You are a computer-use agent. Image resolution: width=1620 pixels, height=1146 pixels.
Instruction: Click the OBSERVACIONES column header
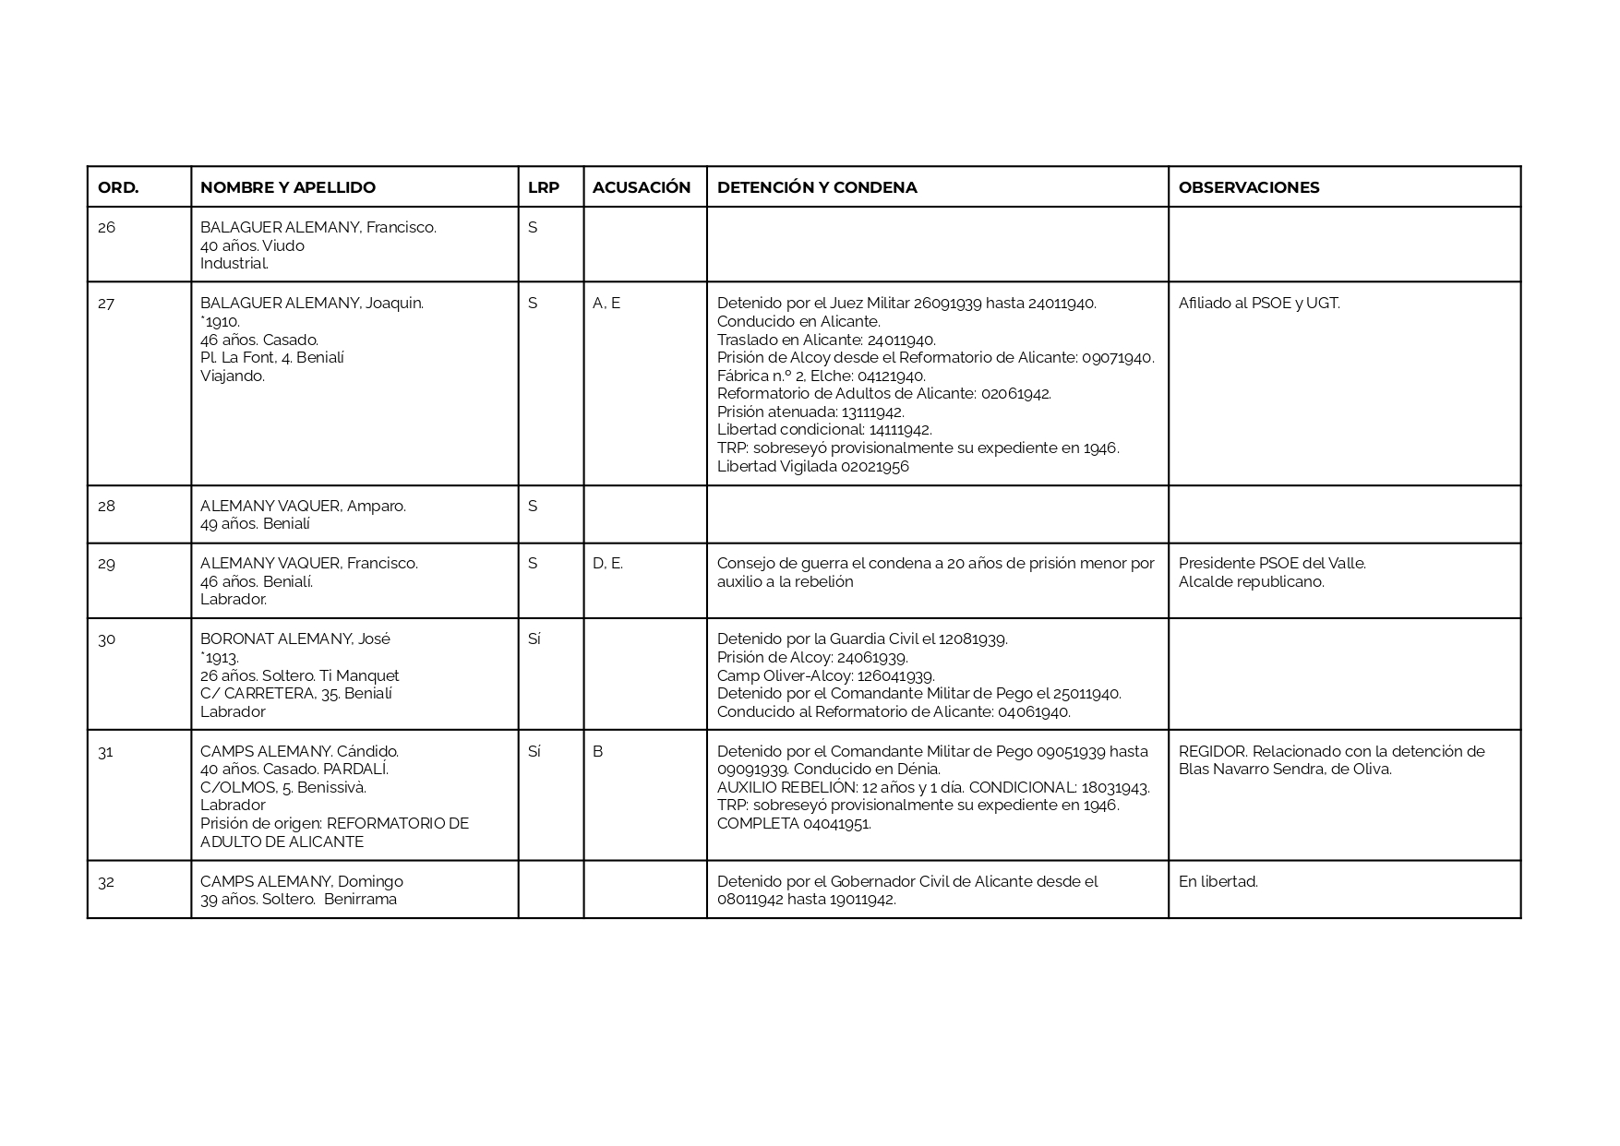pyautogui.click(x=1249, y=187)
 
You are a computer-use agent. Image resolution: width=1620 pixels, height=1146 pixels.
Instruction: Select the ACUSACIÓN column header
pyautogui.click(x=642, y=187)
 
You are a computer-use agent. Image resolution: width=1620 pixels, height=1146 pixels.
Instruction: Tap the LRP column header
pyautogui.click(x=544, y=187)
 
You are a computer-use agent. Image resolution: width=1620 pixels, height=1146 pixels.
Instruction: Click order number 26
pyautogui.click(x=107, y=227)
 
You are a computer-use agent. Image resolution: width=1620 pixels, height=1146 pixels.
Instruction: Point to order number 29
pyautogui.click(x=107, y=563)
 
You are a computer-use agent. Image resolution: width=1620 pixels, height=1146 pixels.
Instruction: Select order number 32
pyautogui.click(x=106, y=881)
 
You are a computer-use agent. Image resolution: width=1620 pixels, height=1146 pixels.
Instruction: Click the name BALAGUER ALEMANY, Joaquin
pyautogui.click(x=311, y=303)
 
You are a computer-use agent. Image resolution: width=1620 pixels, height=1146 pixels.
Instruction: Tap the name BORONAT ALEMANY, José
pyautogui.click(x=294, y=639)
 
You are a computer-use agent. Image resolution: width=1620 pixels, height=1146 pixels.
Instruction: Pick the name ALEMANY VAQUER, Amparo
pyautogui.click(x=303, y=506)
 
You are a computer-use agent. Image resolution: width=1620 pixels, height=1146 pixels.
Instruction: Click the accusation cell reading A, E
pyautogui.click(x=606, y=303)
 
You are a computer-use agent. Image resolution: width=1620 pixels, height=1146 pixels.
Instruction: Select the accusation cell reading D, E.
pyautogui.click(x=607, y=563)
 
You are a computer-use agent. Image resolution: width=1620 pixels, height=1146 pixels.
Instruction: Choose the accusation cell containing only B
pyautogui.click(x=597, y=751)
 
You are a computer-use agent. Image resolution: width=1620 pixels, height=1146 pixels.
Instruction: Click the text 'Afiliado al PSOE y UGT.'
pyautogui.click(x=1259, y=303)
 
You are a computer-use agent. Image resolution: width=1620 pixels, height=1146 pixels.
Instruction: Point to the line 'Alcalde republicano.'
pyautogui.click(x=1251, y=581)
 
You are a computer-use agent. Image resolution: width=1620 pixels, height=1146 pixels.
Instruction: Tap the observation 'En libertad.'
pyautogui.click(x=1218, y=881)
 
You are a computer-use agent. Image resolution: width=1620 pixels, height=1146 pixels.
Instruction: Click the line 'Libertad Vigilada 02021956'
pyautogui.click(x=812, y=466)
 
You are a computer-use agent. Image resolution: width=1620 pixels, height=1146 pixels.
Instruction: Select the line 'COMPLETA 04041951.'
pyautogui.click(x=794, y=823)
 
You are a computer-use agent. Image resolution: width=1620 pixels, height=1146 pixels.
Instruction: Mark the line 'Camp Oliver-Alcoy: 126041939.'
pyautogui.click(x=825, y=675)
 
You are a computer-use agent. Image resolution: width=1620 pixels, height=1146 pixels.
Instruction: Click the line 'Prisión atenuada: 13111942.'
pyautogui.click(x=810, y=412)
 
